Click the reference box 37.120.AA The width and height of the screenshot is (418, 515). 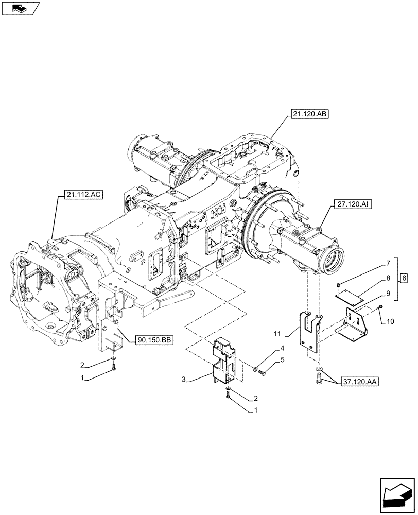click(358, 383)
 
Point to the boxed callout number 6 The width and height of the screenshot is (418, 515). click(404, 278)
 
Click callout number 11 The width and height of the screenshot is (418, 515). click(292, 333)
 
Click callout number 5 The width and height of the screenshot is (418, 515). click(282, 360)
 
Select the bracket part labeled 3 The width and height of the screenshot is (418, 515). click(224, 360)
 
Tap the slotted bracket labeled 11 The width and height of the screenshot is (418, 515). click(308, 330)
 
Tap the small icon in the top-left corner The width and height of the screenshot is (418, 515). click(21, 8)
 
